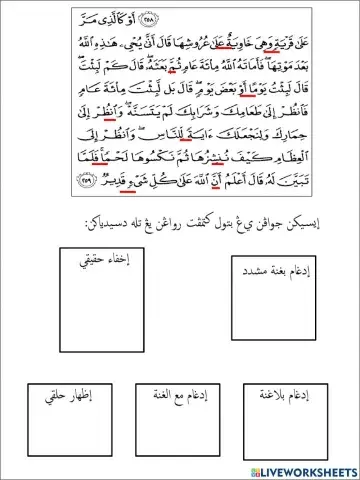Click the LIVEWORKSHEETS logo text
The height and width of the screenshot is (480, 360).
click(311, 470)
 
